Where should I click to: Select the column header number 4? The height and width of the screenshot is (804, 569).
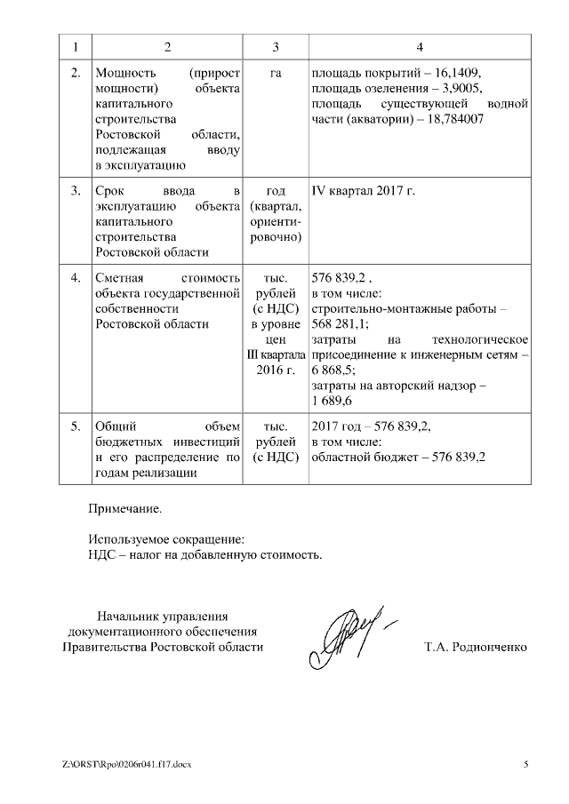pos(419,46)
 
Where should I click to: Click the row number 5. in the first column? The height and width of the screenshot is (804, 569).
pos(76,426)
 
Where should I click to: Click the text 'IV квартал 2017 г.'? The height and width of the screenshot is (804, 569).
pos(364,190)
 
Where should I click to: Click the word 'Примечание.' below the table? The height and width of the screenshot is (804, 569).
pos(125,510)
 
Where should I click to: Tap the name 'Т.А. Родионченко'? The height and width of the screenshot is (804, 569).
pos(476,648)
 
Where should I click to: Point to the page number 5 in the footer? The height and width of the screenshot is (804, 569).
pos(525,764)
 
